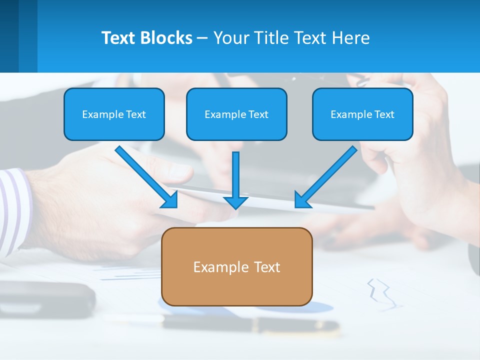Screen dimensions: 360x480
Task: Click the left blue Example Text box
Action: click(x=114, y=114)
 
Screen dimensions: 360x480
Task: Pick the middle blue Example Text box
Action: click(x=236, y=114)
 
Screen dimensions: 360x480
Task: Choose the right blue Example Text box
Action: click(x=362, y=114)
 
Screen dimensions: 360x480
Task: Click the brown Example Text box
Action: click(x=236, y=266)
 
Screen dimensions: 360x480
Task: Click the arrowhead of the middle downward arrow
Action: click(x=235, y=202)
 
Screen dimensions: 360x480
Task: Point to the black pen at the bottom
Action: click(x=250, y=325)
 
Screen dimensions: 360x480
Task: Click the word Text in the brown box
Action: click(x=267, y=266)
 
